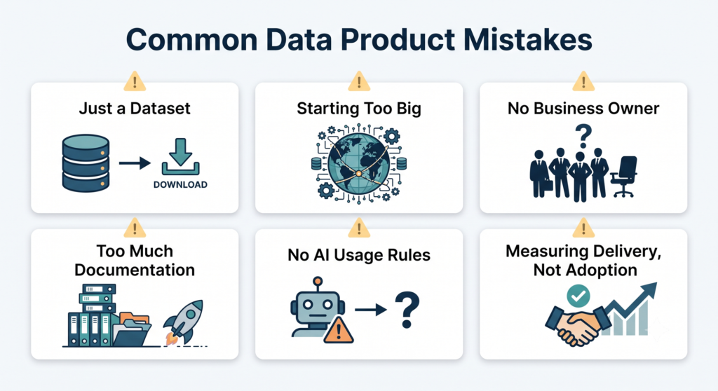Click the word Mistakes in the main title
pyautogui.click(x=527, y=39)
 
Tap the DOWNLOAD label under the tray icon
pyautogui.click(x=180, y=184)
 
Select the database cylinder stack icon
pyautogui.click(x=86, y=163)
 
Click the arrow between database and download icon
pyautogui.click(x=135, y=163)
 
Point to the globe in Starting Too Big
pyautogui.click(x=358, y=163)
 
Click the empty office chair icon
pyautogui.click(x=623, y=177)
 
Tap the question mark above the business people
pyautogui.click(x=583, y=136)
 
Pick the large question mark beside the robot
pyautogui.click(x=407, y=310)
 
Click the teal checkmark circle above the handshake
pyautogui.click(x=578, y=295)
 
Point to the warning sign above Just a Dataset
pyautogui.click(x=135, y=81)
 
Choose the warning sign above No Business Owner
pyautogui.click(x=583, y=81)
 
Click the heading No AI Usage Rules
pyautogui.click(x=359, y=254)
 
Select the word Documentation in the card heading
pyautogui.click(x=135, y=270)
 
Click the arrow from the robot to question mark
pyautogui.click(x=371, y=310)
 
